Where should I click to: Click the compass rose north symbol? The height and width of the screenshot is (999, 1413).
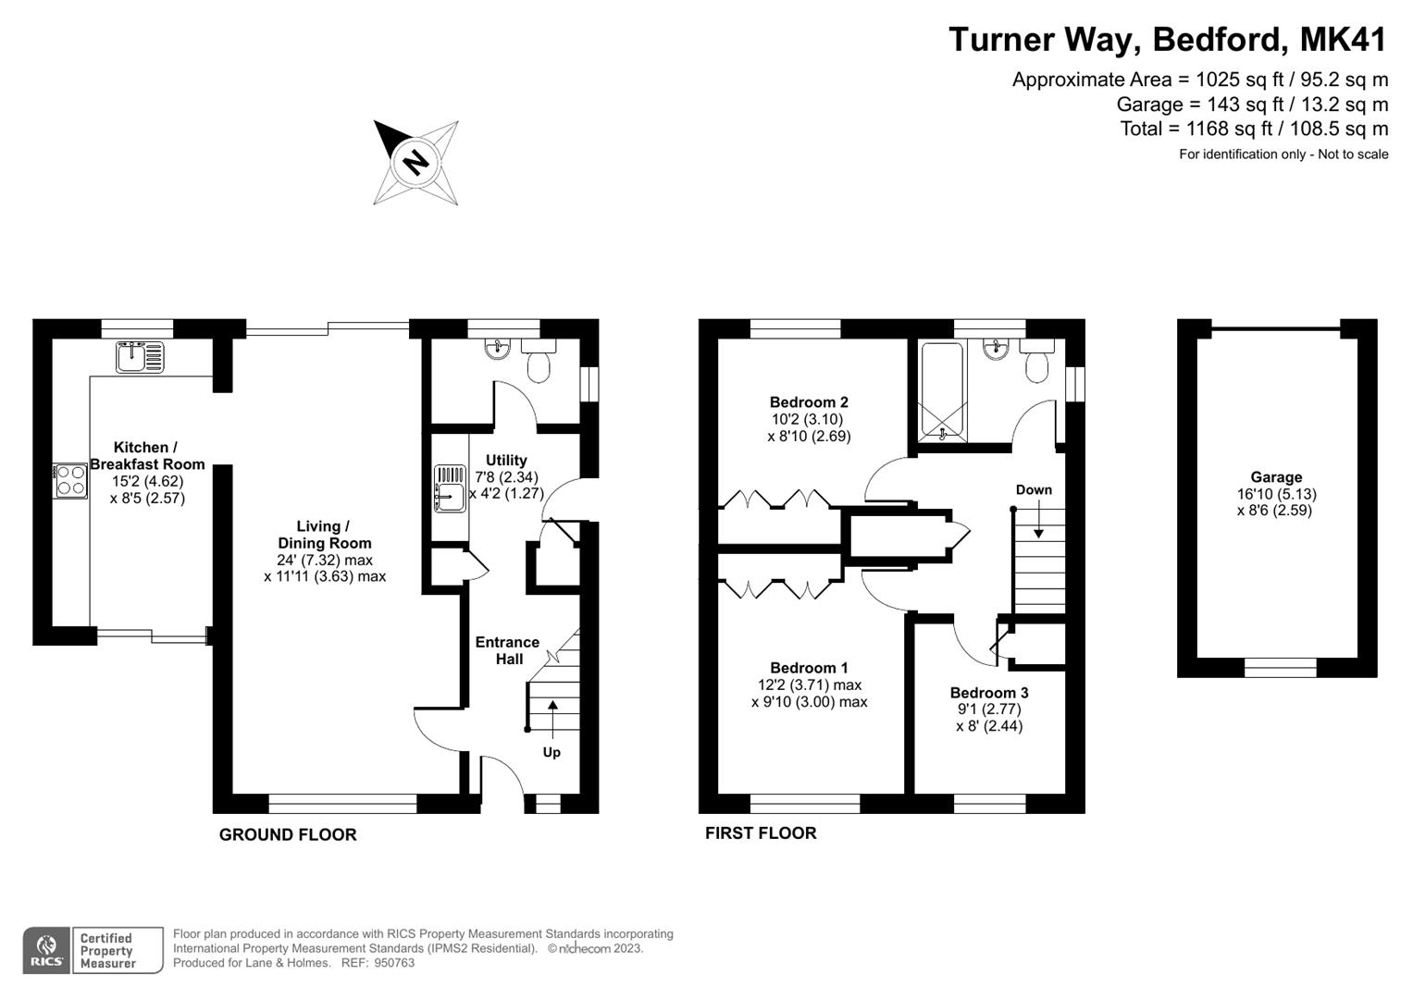click(x=415, y=162)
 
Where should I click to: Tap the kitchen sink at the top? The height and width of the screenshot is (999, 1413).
click(x=140, y=356)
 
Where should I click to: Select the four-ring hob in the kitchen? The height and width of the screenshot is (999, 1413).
click(x=71, y=480)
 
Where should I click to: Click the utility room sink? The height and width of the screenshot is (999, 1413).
click(x=450, y=487)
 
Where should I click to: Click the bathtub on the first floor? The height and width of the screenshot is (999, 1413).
click(x=942, y=391)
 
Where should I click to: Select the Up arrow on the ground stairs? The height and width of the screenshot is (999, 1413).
click(x=552, y=717)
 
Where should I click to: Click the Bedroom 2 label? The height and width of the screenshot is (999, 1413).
click(x=809, y=402)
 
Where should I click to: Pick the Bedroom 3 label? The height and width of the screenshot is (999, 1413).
click(x=989, y=693)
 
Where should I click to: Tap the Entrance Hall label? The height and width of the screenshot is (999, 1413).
click(x=507, y=650)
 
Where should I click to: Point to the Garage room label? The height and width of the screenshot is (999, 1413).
click(x=1276, y=477)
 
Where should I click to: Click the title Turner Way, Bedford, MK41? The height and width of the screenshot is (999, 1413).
click(x=1168, y=40)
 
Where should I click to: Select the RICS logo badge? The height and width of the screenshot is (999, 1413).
click(x=47, y=950)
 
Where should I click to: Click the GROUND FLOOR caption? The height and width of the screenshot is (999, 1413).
click(x=288, y=834)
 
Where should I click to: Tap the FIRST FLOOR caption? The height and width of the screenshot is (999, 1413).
click(x=761, y=832)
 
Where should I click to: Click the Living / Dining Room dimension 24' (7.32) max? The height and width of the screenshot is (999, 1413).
click(x=325, y=560)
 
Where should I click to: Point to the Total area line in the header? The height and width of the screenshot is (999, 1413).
click(x=1254, y=129)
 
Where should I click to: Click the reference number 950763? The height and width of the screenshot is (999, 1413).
click(x=395, y=963)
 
